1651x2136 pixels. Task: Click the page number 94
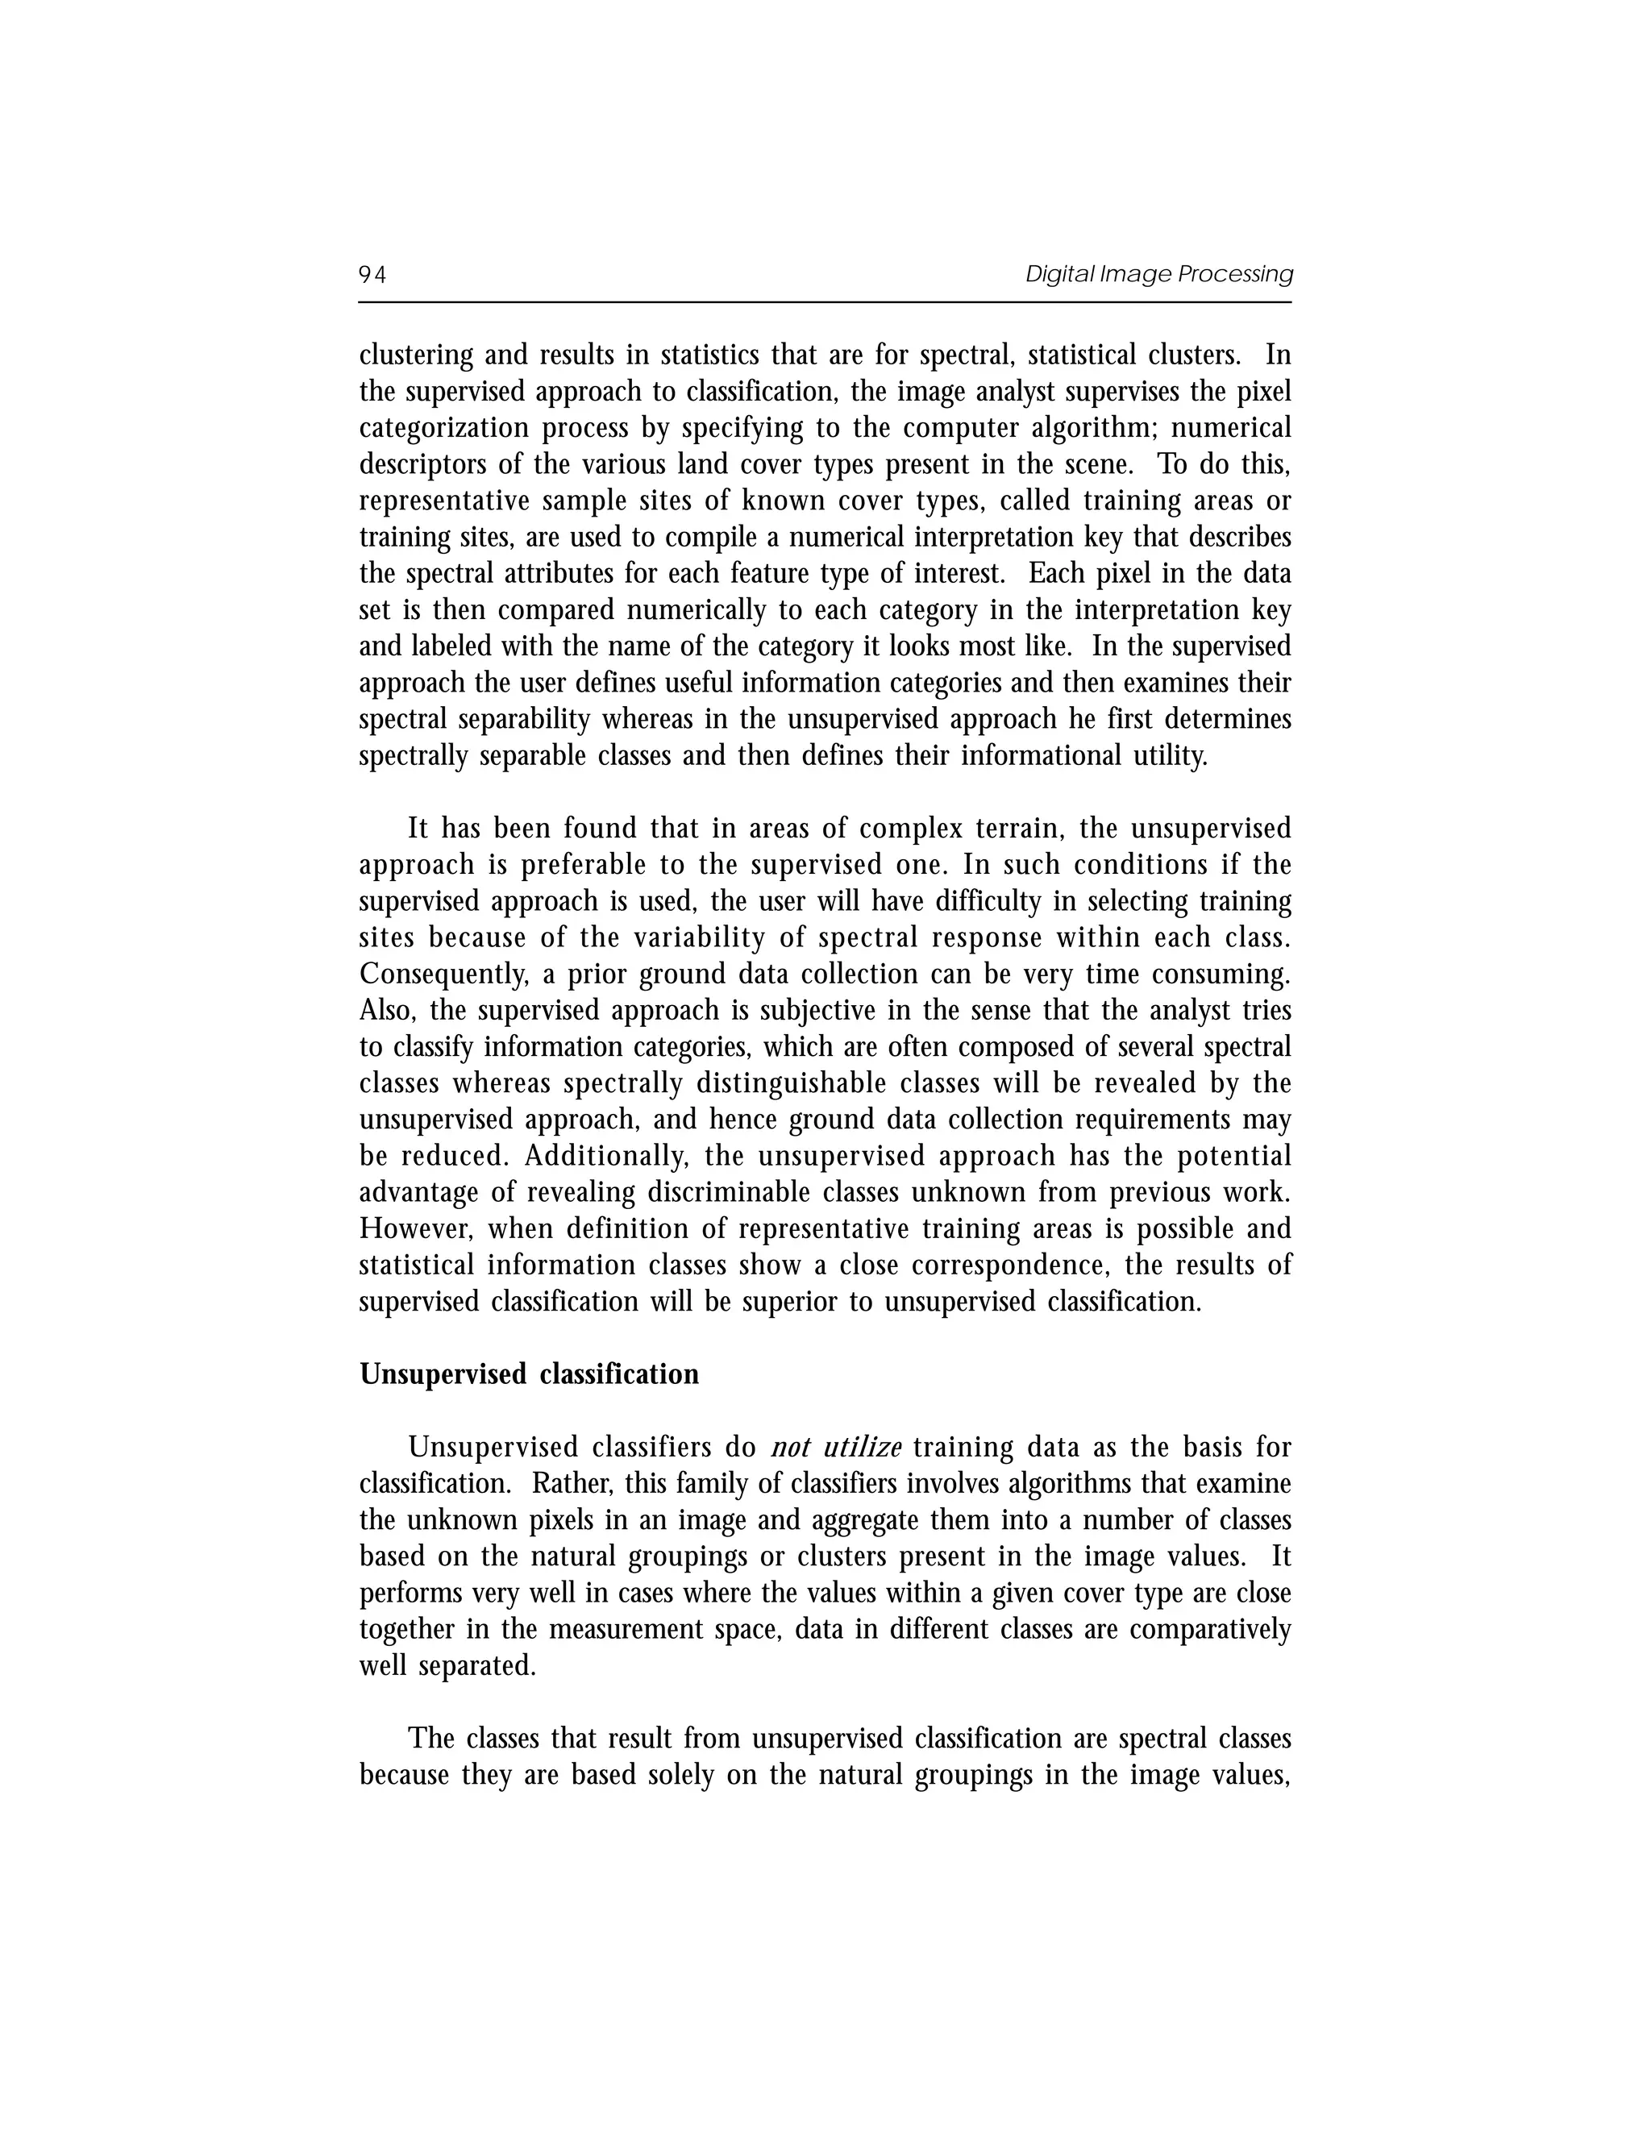click(372, 275)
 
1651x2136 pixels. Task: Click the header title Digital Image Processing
click(1158, 274)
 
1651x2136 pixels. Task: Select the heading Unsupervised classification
click(529, 1374)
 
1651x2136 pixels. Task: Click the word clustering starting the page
click(416, 355)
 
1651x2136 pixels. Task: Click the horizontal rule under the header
click(825, 302)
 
